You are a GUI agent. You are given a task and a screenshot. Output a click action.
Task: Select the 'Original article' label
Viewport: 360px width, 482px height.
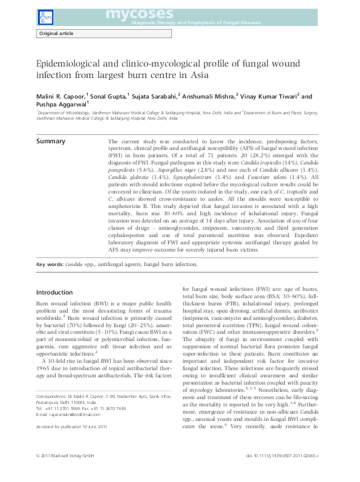(x=57, y=33)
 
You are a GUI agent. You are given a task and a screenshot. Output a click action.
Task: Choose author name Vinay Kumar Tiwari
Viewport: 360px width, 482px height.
(x=270, y=96)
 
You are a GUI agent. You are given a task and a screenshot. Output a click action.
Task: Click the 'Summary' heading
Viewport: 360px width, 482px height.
(x=51, y=141)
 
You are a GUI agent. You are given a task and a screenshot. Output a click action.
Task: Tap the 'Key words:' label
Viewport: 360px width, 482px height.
(x=50, y=264)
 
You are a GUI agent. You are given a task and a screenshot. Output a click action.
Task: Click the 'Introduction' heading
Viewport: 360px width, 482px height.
(x=54, y=292)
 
